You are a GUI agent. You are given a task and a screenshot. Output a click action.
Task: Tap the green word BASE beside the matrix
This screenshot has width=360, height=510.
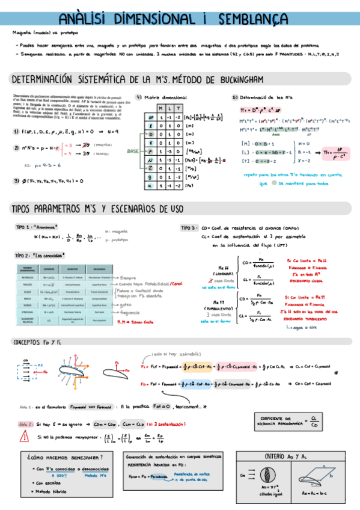(133, 153)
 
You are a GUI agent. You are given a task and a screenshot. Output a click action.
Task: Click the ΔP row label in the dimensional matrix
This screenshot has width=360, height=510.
(151, 116)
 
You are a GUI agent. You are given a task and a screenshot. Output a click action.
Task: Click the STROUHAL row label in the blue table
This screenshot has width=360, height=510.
(31, 311)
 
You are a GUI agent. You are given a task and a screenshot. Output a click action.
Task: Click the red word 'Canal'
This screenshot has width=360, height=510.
(178, 267)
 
